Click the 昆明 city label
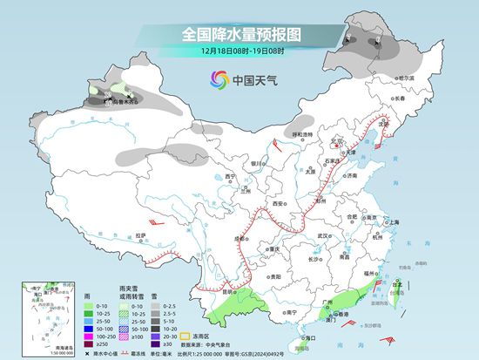pos(231,291)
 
